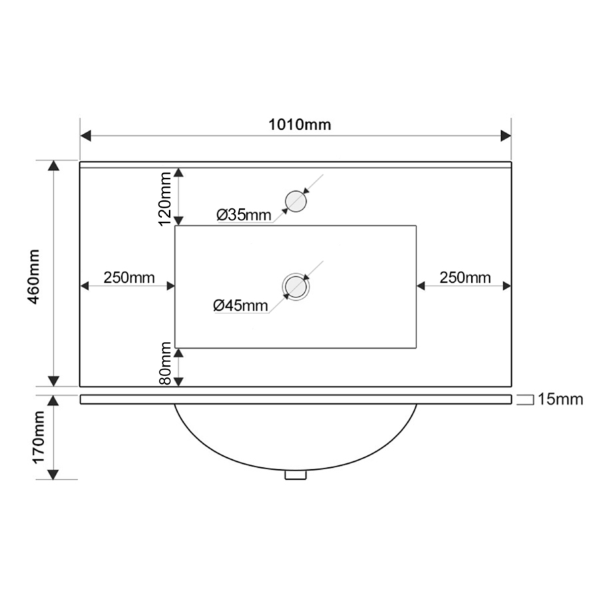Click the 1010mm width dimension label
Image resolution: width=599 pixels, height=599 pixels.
point(299,124)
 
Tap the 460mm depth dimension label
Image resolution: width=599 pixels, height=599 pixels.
point(35,277)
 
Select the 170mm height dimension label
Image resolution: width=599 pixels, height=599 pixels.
point(39,437)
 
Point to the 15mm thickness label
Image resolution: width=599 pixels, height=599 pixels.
point(560,399)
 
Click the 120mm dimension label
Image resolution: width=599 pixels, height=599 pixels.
point(165,199)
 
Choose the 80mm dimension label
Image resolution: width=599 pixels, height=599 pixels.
point(165,363)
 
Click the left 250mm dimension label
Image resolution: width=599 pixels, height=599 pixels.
point(129,278)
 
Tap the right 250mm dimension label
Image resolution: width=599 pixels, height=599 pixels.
point(465,278)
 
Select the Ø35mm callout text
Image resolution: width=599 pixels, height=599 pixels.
point(244,215)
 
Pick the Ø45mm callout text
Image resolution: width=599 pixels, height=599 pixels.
point(241,305)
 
